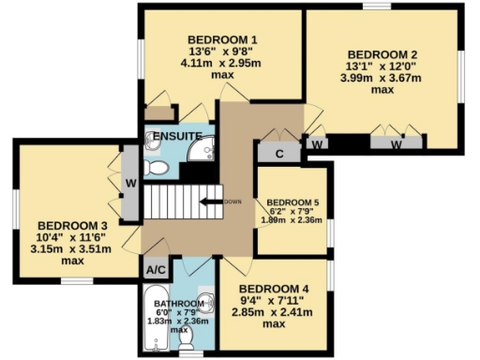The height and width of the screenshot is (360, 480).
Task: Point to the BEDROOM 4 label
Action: coord(273,288)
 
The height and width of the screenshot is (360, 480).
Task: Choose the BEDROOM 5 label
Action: coord(292,202)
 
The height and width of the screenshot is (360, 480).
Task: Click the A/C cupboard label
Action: coord(155,270)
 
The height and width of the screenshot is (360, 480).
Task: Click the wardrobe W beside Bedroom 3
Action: coord(130,182)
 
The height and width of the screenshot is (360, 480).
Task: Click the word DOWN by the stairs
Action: coord(233,201)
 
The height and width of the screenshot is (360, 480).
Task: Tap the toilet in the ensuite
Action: coord(157,168)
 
